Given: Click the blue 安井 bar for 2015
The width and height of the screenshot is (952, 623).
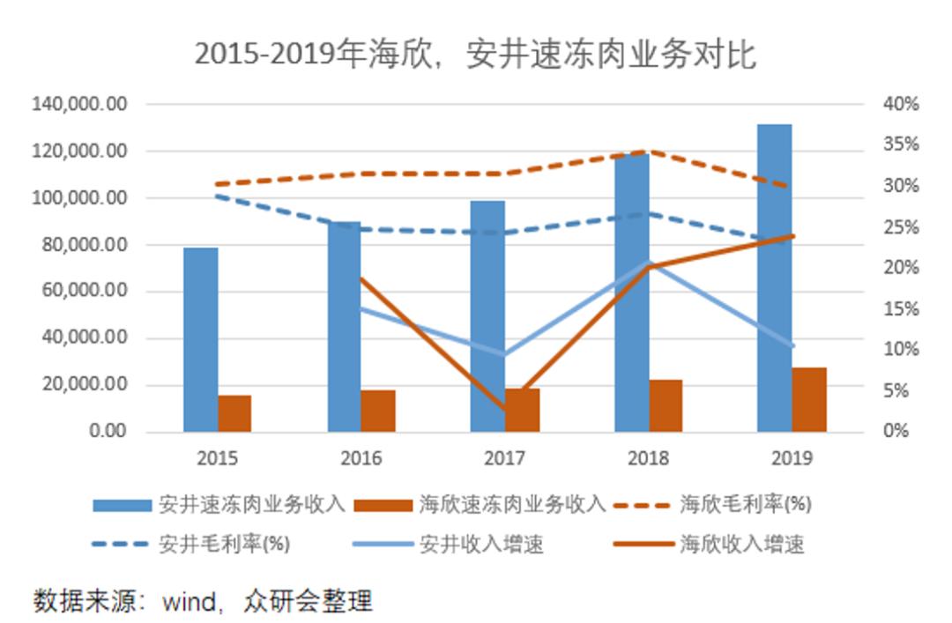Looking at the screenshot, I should click(x=201, y=339).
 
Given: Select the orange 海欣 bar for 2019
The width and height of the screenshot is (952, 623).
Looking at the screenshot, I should click(x=809, y=399).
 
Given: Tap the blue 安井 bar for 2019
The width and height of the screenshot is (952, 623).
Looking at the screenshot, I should click(x=774, y=278).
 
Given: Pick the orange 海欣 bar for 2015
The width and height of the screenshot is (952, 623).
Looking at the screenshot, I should click(x=234, y=413).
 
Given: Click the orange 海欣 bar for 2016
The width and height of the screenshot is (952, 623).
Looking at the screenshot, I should click(x=378, y=411).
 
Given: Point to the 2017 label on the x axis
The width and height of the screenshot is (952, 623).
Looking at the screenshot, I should click(x=504, y=458).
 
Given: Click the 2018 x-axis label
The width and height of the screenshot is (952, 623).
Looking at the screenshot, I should click(x=648, y=458).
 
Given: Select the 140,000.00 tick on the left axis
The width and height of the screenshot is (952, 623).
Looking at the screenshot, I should click(x=80, y=105).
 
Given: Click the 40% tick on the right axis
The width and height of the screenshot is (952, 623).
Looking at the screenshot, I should click(x=900, y=105).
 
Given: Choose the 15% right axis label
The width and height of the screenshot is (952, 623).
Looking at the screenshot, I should click(x=900, y=309).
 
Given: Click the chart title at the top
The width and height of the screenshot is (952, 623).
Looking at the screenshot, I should click(x=475, y=55).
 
